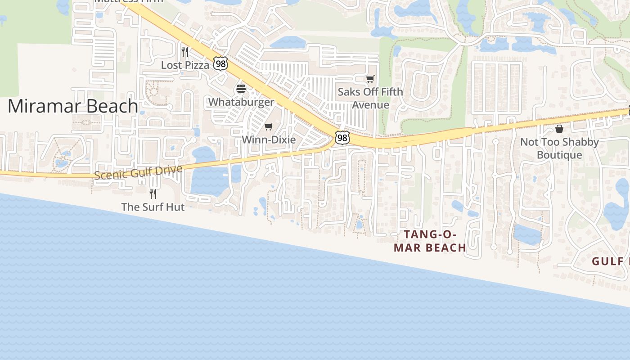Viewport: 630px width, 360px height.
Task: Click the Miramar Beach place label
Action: pyautogui.click(x=73, y=106)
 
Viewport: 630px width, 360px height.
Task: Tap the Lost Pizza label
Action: pyautogui.click(x=185, y=65)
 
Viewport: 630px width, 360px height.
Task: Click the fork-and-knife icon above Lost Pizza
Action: pyautogui.click(x=184, y=51)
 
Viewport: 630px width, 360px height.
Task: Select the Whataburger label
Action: pyautogui.click(x=241, y=102)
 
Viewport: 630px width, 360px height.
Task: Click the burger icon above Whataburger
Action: pyautogui.click(x=241, y=89)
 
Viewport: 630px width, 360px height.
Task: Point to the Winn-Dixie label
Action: pyautogui.click(x=269, y=140)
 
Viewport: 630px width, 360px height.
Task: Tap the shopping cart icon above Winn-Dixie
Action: pyautogui.click(x=269, y=127)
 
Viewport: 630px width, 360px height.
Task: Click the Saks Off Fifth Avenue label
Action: pyautogui.click(x=370, y=98)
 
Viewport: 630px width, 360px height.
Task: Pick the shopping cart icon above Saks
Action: pyautogui.click(x=370, y=79)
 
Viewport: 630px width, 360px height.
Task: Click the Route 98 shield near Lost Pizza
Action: pyautogui.click(x=220, y=64)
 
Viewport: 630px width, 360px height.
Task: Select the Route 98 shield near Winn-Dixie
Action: pyautogui.click(x=342, y=138)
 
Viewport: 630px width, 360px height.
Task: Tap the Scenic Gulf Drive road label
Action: pyautogui.click(x=138, y=172)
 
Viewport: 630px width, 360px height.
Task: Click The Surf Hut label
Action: pyautogui.click(x=153, y=207)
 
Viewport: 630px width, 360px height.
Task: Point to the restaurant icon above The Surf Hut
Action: pyautogui.click(x=153, y=194)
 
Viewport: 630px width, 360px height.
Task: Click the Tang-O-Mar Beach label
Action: pyautogui.click(x=430, y=241)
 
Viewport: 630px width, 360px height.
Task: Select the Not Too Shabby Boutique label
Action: pyautogui.click(x=559, y=148)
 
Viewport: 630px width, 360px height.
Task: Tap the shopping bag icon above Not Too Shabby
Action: pyautogui.click(x=559, y=129)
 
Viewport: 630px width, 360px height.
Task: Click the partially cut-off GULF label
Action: pyautogui.click(x=610, y=261)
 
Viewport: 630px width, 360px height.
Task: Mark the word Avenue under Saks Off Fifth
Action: pyautogui.click(x=370, y=105)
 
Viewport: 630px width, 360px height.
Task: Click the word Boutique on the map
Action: pyautogui.click(x=559, y=155)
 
